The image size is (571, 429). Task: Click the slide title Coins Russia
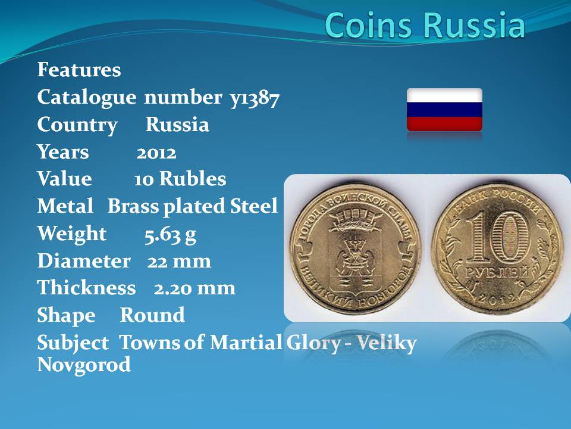pyautogui.click(x=425, y=25)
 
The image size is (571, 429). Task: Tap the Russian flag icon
pyautogui.click(x=444, y=110)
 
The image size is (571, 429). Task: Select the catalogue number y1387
pyautogui.click(x=255, y=98)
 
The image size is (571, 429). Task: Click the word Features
pyautogui.click(x=79, y=69)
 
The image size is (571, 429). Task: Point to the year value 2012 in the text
pyautogui.click(x=156, y=153)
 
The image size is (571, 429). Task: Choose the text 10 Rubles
pyautogui.click(x=180, y=179)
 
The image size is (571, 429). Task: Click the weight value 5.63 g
pyautogui.click(x=170, y=235)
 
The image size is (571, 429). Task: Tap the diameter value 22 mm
pyautogui.click(x=179, y=261)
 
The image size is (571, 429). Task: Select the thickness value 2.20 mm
pyautogui.click(x=194, y=288)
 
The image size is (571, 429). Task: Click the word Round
pyautogui.click(x=152, y=315)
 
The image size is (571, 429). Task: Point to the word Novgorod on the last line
pyautogui.click(x=84, y=365)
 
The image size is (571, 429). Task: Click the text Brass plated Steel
pyautogui.click(x=193, y=207)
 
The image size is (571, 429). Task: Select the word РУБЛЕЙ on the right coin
pyautogui.click(x=497, y=272)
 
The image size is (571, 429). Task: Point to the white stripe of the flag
pyautogui.click(x=444, y=95)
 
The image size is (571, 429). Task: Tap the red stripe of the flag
pyautogui.click(x=444, y=124)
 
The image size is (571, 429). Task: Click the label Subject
pyautogui.click(x=73, y=343)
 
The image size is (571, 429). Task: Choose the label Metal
pyautogui.click(x=65, y=206)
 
